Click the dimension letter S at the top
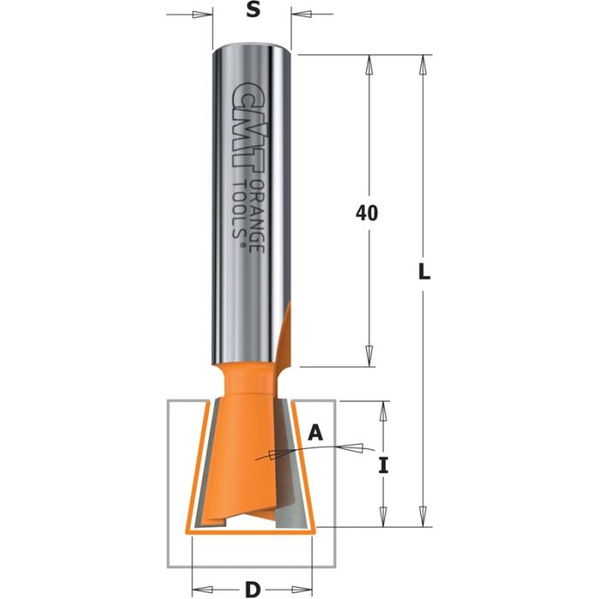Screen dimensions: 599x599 click(252, 11)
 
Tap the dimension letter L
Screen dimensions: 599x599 click(425, 275)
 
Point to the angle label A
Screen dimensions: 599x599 click(315, 434)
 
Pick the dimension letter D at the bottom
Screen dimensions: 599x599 click(252, 589)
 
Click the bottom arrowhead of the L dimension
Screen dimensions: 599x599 click(422, 517)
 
